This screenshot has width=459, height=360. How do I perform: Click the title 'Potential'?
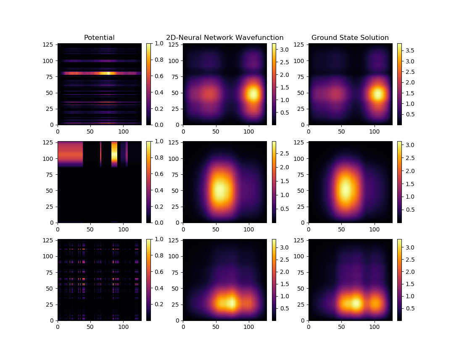(x=99, y=38)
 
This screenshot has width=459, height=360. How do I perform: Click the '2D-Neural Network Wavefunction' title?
(x=224, y=38)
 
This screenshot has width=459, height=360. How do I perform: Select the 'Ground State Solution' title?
(x=350, y=38)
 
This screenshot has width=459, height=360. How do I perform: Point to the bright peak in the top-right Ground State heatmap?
(x=378, y=94)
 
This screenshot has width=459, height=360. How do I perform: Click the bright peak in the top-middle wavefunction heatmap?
(x=253, y=93)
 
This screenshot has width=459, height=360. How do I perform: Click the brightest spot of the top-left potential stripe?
(x=108, y=73)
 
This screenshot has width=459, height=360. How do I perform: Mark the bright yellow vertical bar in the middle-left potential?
(x=114, y=154)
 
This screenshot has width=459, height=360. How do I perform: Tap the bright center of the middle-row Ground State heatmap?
(x=346, y=190)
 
